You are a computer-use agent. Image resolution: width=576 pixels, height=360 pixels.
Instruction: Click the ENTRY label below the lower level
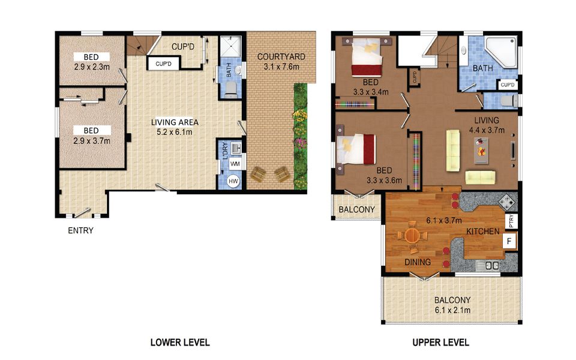81,230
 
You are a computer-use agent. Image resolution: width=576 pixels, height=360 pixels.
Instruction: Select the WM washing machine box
235,163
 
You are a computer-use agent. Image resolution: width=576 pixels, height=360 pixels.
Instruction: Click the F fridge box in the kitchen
510,242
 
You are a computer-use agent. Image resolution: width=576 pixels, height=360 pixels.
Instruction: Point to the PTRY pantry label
511,221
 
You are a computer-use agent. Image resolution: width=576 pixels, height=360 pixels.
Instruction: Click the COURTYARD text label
281,57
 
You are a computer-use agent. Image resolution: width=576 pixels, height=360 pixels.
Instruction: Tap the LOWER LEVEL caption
179,343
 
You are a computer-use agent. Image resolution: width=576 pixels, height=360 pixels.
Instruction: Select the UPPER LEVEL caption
440,343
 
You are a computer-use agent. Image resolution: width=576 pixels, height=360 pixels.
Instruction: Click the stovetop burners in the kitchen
506,203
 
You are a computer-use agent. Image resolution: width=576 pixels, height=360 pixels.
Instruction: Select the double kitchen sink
493,265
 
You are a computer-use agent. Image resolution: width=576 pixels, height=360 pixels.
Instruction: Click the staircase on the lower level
139,46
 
